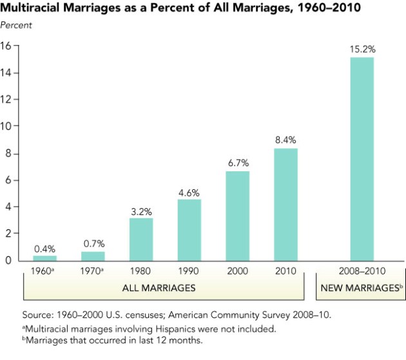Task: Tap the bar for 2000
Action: tap(237, 216)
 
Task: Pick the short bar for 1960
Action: tap(44, 258)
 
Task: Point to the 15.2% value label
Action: tap(362, 49)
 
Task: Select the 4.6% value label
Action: tap(189, 191)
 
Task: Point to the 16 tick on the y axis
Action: tap(7, 46)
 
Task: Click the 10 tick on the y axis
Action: tap(7, 126)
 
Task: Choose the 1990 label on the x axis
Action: tap(189, 271)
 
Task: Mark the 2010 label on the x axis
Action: tap(285, 271)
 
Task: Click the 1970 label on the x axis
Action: tap(92, 271)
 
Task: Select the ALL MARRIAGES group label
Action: tap(159, 288)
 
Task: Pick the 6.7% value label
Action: tap(237, 163)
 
